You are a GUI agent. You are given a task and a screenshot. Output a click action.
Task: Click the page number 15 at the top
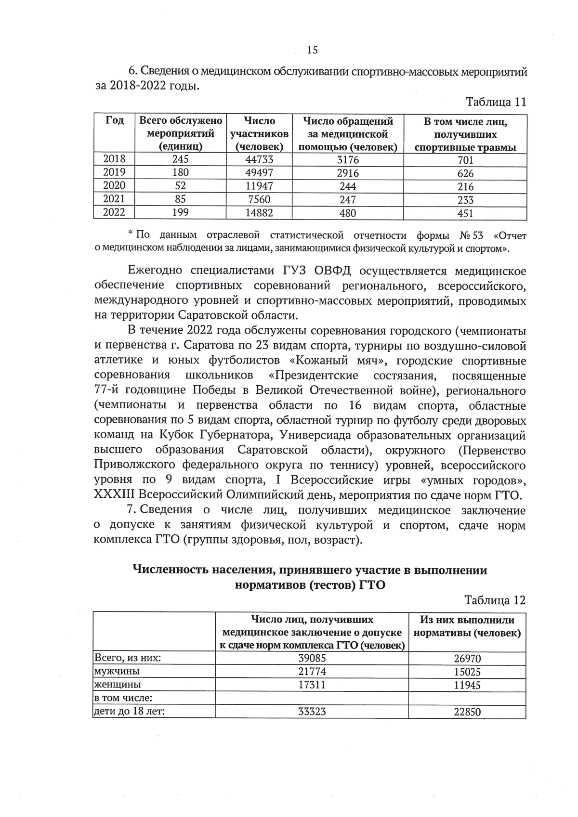pyautogui.click(x=312, y=50)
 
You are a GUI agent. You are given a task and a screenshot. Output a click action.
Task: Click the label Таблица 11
pyautogui.click(x=496, y=102)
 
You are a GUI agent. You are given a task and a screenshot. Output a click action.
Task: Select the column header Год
pyautogui.click(x=114, y=121)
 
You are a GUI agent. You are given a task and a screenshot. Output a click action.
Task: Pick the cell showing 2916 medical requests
pyautogui.click(x=348, y=173)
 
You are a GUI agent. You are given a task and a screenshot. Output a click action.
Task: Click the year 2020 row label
pyautogui.click(x=114, y=186)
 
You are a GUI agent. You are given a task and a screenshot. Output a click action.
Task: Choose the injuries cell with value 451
pyautogui.click(x=465, y=213)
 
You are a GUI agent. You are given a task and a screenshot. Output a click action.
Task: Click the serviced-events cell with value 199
pyautogui.click(x=181, y=212)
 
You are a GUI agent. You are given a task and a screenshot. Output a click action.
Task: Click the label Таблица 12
pyautogui.click(x=495, y=600)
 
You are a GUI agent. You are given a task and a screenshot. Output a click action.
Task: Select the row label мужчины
pyautogui.click(x=117, y=671)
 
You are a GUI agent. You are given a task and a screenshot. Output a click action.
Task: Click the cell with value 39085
pyautogui.click(x=312, y=658)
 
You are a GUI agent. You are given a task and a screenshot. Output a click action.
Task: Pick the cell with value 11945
pyautogui.click(x=467, y=685)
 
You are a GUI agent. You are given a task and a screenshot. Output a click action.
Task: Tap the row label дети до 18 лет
pyautogui.click(x=129, y=711)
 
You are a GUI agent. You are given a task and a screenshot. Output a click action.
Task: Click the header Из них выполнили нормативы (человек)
pyautogui.click(x=467, y=627)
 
